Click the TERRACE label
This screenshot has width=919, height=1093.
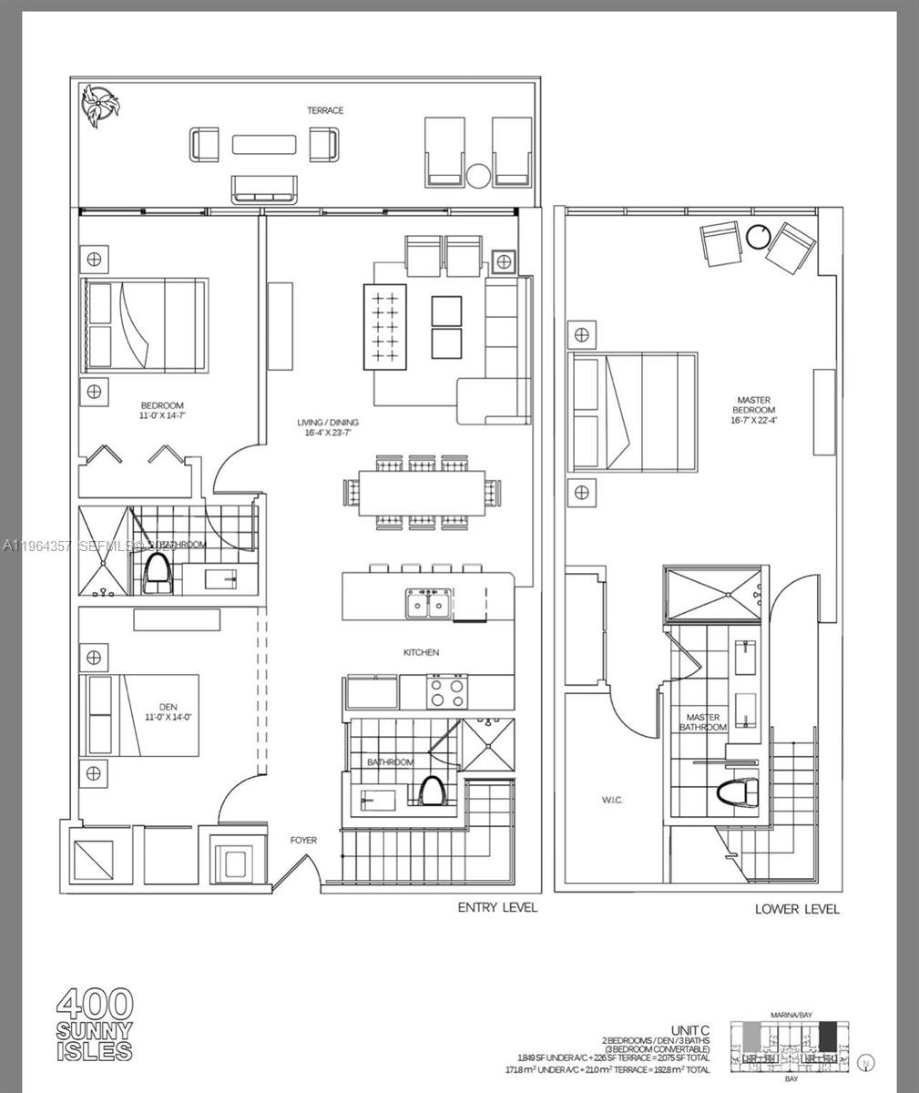point(325,110)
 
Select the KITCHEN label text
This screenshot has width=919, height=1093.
point(421,652)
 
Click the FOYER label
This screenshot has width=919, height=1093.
point(303,840)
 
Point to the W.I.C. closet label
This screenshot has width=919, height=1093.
point(612,800)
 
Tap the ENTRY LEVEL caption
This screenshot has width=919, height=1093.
point(496,907)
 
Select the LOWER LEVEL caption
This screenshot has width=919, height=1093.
point(797,909)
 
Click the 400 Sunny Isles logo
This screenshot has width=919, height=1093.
point(95,1025)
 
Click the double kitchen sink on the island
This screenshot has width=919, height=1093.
point(427,604)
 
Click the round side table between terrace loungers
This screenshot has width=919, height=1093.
point(479,176)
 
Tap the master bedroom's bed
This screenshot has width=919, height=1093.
point(633,412)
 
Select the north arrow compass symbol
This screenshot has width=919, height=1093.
point(866,1062)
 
